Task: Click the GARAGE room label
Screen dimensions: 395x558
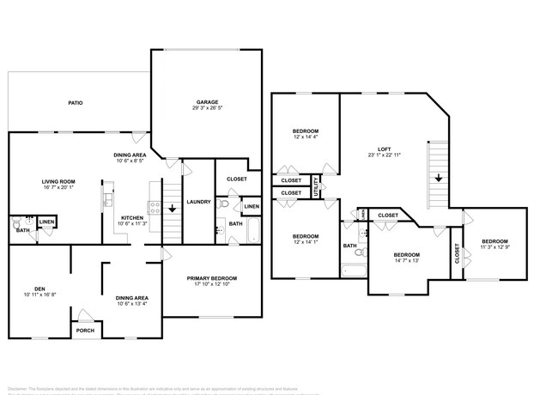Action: coord(206,101)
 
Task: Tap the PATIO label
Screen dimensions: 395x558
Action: coord(76,103)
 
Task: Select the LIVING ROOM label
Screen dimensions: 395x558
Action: coord(59,181)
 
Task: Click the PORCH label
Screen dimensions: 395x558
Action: coord(85,331)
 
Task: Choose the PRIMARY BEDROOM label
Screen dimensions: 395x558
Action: coord(212,278)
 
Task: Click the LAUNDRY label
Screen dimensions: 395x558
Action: coord(198,202)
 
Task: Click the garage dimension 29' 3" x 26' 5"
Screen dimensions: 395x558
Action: coord(206,109)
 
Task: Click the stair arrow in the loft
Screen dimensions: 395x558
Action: coord(439,178)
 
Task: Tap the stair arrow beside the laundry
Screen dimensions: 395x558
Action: coord(172,208)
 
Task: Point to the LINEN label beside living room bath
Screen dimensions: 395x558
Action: coord(46,222)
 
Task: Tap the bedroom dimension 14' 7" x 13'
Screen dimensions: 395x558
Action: coord(407,262)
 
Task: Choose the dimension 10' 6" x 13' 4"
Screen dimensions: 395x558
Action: coord(132,303)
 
